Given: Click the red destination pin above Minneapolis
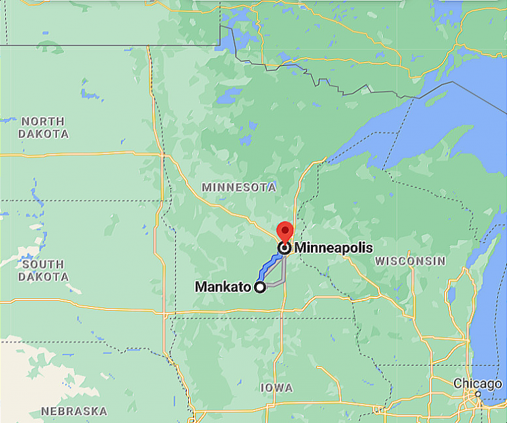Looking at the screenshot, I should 285,232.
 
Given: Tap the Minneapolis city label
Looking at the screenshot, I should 333,248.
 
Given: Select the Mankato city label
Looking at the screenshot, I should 223,287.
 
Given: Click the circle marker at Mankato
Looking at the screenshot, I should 260,287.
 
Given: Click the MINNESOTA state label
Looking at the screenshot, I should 239,187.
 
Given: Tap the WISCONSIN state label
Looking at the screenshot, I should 410,261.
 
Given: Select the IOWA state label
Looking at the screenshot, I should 277,387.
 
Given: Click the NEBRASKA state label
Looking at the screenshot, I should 74,411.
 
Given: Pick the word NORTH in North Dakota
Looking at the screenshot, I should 43,121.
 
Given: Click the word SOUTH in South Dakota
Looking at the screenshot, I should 43,265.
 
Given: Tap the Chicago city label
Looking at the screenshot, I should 477,384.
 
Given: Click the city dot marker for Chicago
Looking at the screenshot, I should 477,394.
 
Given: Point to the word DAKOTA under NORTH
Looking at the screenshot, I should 43,134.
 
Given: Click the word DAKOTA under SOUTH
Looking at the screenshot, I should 43,277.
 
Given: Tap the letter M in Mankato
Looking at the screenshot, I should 201,287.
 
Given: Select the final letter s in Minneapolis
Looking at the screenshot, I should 370,248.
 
